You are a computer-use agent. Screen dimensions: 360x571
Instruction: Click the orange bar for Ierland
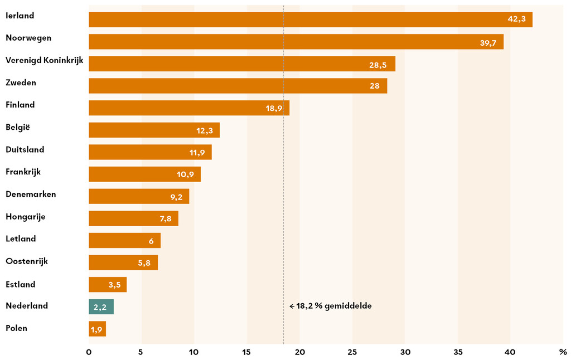point(310,20)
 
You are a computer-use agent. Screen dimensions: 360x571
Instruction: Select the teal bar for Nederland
point(101,307)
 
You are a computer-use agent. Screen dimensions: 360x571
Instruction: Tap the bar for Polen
point(97,329)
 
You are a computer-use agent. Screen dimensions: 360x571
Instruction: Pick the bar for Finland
point(188,108)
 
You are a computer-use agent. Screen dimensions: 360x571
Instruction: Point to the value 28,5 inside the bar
point(379,65)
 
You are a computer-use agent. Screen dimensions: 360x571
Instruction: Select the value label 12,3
point(205,130)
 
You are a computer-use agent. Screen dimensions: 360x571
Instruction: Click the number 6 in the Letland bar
point(151,241)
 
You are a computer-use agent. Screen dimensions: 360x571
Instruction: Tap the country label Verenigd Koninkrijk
point(44,60)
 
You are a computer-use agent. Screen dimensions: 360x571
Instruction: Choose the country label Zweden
point(21,82)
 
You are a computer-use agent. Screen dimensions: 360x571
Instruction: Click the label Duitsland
point(25,149)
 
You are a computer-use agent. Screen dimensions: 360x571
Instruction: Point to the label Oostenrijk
point(27,261)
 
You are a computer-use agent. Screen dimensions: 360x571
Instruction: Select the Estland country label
point(20,284)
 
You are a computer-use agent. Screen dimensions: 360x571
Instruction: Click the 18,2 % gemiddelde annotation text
point(331,306)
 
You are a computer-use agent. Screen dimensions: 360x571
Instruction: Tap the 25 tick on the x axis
point(352,352)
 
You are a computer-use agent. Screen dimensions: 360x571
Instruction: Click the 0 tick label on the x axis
point(89,352)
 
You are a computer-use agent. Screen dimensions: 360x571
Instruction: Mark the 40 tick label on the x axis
point(510,352)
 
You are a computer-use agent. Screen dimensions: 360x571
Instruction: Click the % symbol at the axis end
point(563,352)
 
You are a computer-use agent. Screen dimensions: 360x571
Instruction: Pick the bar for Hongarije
point(133,218)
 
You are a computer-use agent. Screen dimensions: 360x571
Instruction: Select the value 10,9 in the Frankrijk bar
point(185,174)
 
